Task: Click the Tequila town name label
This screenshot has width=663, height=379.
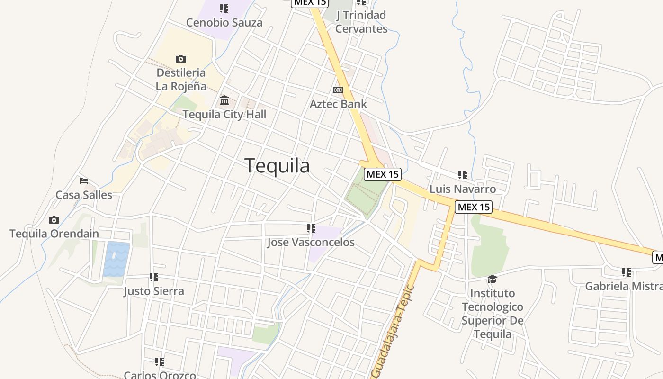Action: [278, 166]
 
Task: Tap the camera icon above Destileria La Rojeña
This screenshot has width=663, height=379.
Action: [180, 59]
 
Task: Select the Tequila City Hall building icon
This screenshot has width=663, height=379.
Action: [224, 100]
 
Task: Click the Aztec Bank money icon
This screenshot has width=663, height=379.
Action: [338, 90]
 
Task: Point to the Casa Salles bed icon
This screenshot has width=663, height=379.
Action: [84, 181]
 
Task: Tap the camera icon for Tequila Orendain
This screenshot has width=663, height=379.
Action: [54, 220]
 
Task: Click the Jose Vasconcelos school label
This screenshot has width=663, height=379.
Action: [311, 243]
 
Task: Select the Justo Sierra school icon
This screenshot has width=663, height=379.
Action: [154, 277]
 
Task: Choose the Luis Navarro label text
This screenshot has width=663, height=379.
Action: [463, 189]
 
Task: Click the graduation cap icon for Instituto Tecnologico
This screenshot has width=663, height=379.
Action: [493, 279]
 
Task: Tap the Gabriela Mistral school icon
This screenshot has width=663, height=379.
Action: [627, 272]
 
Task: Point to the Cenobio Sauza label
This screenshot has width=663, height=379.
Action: [224, 23]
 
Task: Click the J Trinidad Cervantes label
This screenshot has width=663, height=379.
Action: [361, 22]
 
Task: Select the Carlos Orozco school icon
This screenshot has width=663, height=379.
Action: [160, 362]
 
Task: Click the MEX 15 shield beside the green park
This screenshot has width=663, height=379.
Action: [382, 174]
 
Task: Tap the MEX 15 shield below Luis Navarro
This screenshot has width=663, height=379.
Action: [474, 207]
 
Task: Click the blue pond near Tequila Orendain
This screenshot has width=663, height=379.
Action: [116, 259]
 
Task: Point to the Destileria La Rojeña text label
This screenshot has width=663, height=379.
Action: [181, 79]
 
